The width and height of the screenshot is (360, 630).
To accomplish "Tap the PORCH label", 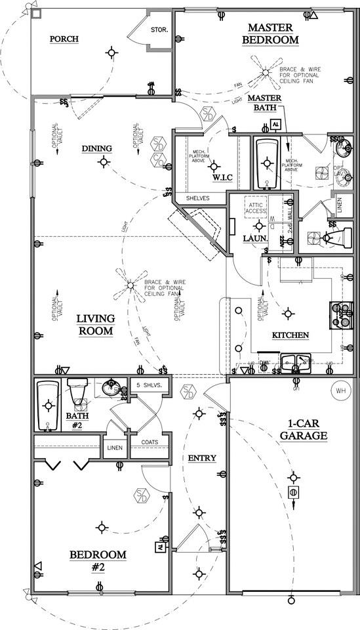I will (x=64, y=39).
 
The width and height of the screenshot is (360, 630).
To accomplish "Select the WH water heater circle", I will (x=340, y=391).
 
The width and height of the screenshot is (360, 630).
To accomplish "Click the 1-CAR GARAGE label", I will (x=302, y=429).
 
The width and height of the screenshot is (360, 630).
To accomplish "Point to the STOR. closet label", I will (x=159, y=30).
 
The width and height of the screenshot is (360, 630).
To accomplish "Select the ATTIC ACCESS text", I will (x=256, y=207).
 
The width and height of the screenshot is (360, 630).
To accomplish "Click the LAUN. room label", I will (x=255, y=239).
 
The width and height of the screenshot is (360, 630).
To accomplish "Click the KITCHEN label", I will (x=290, y=335).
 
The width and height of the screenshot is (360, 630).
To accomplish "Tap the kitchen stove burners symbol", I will (x=342, y=314).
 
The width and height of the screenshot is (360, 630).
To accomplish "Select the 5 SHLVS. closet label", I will (x=149, y=385).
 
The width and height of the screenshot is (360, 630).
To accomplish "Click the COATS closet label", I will (x=150, y=442).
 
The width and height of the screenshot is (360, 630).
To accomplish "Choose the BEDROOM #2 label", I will (x=98, y=560).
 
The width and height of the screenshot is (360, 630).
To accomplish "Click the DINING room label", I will (x=96, y=148).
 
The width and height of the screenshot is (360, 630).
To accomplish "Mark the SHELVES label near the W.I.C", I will (x=197, y=198).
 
